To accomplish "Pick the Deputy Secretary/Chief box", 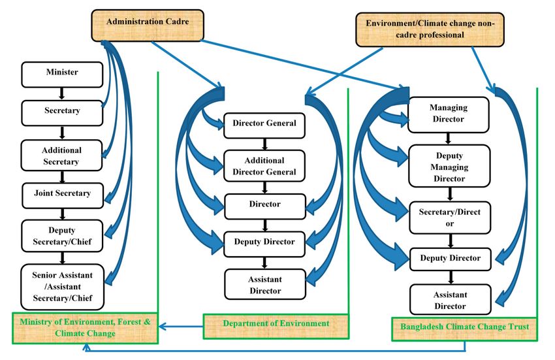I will (63, 235).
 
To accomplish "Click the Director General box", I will (264, 124).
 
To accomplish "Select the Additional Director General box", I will (264, 166).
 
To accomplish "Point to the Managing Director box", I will (447, 113).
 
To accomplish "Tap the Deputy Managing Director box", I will (447, 167).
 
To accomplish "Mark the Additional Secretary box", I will (63, 155).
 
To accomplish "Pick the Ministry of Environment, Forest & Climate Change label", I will (85, 328).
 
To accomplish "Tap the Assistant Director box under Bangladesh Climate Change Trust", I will (447, 300).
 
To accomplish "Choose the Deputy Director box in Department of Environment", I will (264, 242).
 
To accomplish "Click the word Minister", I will (63, 72).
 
